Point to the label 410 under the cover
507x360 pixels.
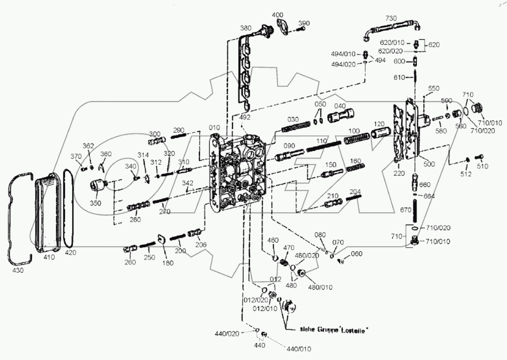coord(49,258)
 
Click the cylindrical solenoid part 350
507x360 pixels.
coord(98,188)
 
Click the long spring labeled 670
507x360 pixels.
coord(416,210)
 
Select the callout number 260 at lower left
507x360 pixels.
coord(130,262)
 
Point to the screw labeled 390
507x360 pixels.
coord(301,29)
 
